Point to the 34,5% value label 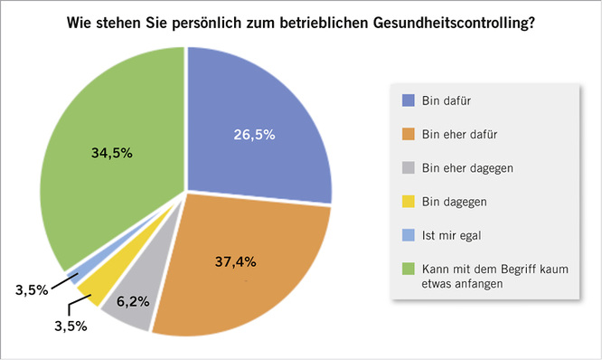coord(112,153)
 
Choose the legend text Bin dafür coord(447,100)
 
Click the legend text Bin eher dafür coord(459,134)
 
